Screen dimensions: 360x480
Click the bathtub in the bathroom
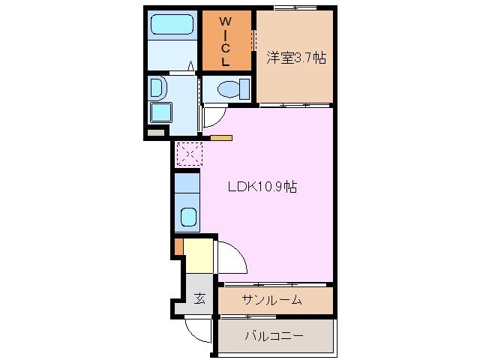tap(172, 25)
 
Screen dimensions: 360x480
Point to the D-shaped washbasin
tap(157, 88)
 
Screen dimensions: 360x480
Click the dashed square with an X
tap(187, 154)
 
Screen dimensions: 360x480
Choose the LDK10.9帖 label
tap(262, 187)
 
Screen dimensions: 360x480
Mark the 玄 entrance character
tap(200, 298)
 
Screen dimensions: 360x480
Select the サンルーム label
tap(271, 301)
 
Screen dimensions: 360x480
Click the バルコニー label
tap(274, 335)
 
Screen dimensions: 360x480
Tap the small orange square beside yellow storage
tap(178, 245)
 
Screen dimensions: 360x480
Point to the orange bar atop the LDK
tap(221, 138)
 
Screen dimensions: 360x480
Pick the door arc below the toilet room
tap(212, 115)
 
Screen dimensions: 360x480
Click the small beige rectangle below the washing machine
tap(156, 133)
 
